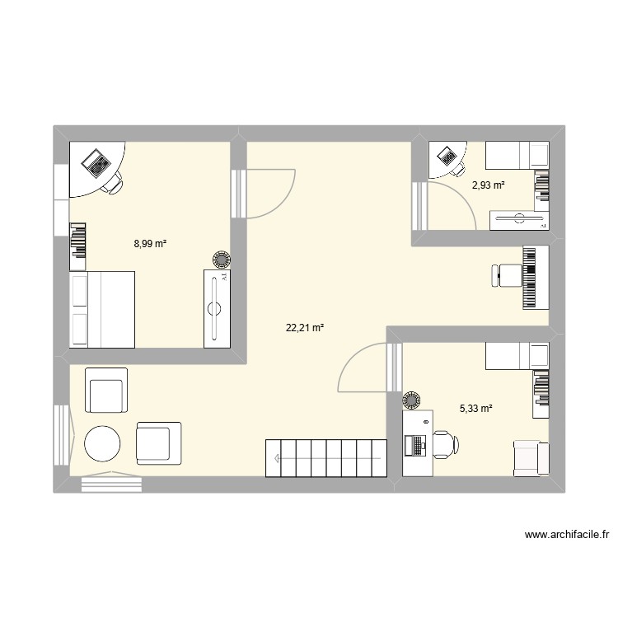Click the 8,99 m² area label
pos(151,244)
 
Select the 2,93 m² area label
pos(488,185)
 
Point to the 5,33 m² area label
pos(475,407)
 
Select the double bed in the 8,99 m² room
pos(102,309)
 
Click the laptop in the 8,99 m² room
pos(96,163)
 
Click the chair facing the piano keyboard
pos(505,276)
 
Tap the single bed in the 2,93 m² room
pos(516,154)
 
